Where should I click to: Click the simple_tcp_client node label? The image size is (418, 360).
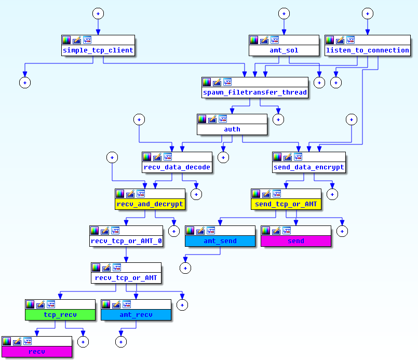tap(98, 50)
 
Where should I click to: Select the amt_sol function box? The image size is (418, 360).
tap(284, 50)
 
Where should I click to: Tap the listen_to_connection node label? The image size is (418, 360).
tap(368, 50)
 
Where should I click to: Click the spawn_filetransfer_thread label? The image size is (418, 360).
tap(255, 92)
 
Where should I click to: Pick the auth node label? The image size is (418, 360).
tap(232, 129)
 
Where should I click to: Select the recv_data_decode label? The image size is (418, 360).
tap(177, 167)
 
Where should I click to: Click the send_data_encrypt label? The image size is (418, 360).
tap(309, 167)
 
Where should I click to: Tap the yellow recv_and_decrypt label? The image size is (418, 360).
tap(150, 204)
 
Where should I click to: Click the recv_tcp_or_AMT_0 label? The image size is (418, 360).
tap(127, 241)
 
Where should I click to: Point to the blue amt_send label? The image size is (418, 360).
tap(220, 241)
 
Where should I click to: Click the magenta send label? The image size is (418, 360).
tap(296, 241)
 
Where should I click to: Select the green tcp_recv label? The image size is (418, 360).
tap(60, 315)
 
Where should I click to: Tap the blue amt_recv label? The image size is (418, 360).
tap(136, 315)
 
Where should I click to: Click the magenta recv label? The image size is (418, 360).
tap(36, 352)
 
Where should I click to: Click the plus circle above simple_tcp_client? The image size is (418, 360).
tap(98, 14)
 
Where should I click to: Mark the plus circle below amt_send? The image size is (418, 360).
tap(185, 268)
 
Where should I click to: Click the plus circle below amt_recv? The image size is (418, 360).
tap(120, 341)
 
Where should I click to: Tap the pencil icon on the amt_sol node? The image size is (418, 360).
tap(264, 40)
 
